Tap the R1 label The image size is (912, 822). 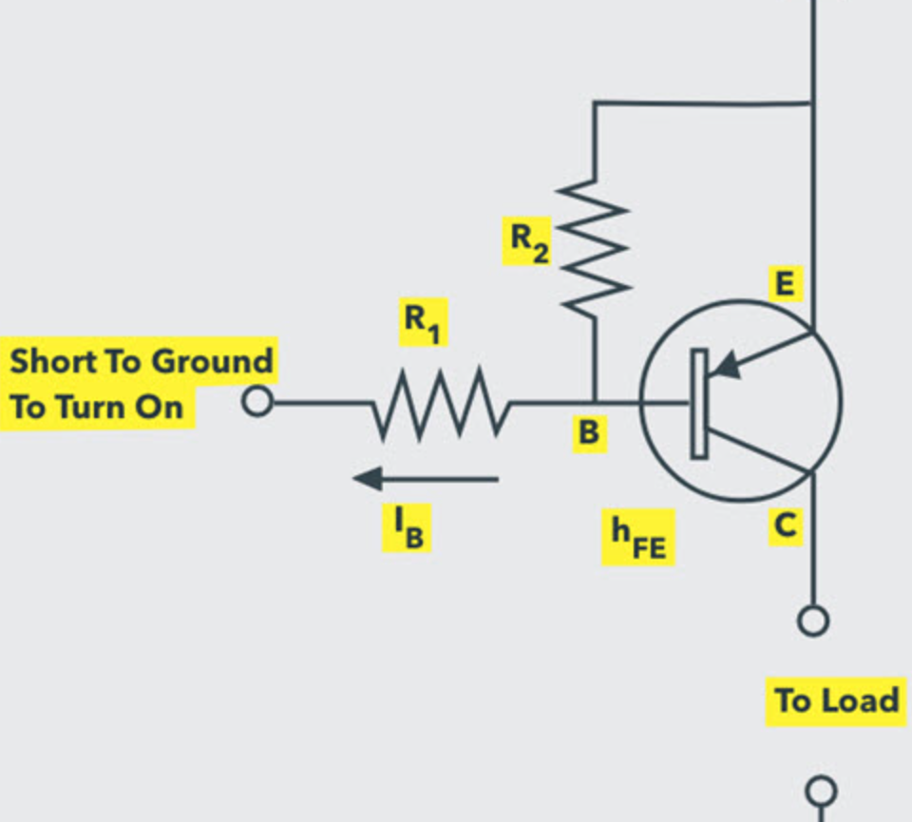[423, 323]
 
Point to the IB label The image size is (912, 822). [408, 528]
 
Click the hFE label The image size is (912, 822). [637, 538]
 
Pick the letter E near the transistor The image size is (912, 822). [785, 283]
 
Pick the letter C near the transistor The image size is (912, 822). [785, 525]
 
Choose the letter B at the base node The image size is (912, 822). [589, 433]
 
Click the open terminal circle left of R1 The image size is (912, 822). [256, 402]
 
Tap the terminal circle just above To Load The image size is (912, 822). [812, 621]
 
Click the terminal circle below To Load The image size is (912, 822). [821, 791]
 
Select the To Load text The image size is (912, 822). [836, 701]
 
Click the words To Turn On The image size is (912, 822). [97, 407]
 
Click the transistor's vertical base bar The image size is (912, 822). [699, 403]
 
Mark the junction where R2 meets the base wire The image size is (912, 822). [595, 402]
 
